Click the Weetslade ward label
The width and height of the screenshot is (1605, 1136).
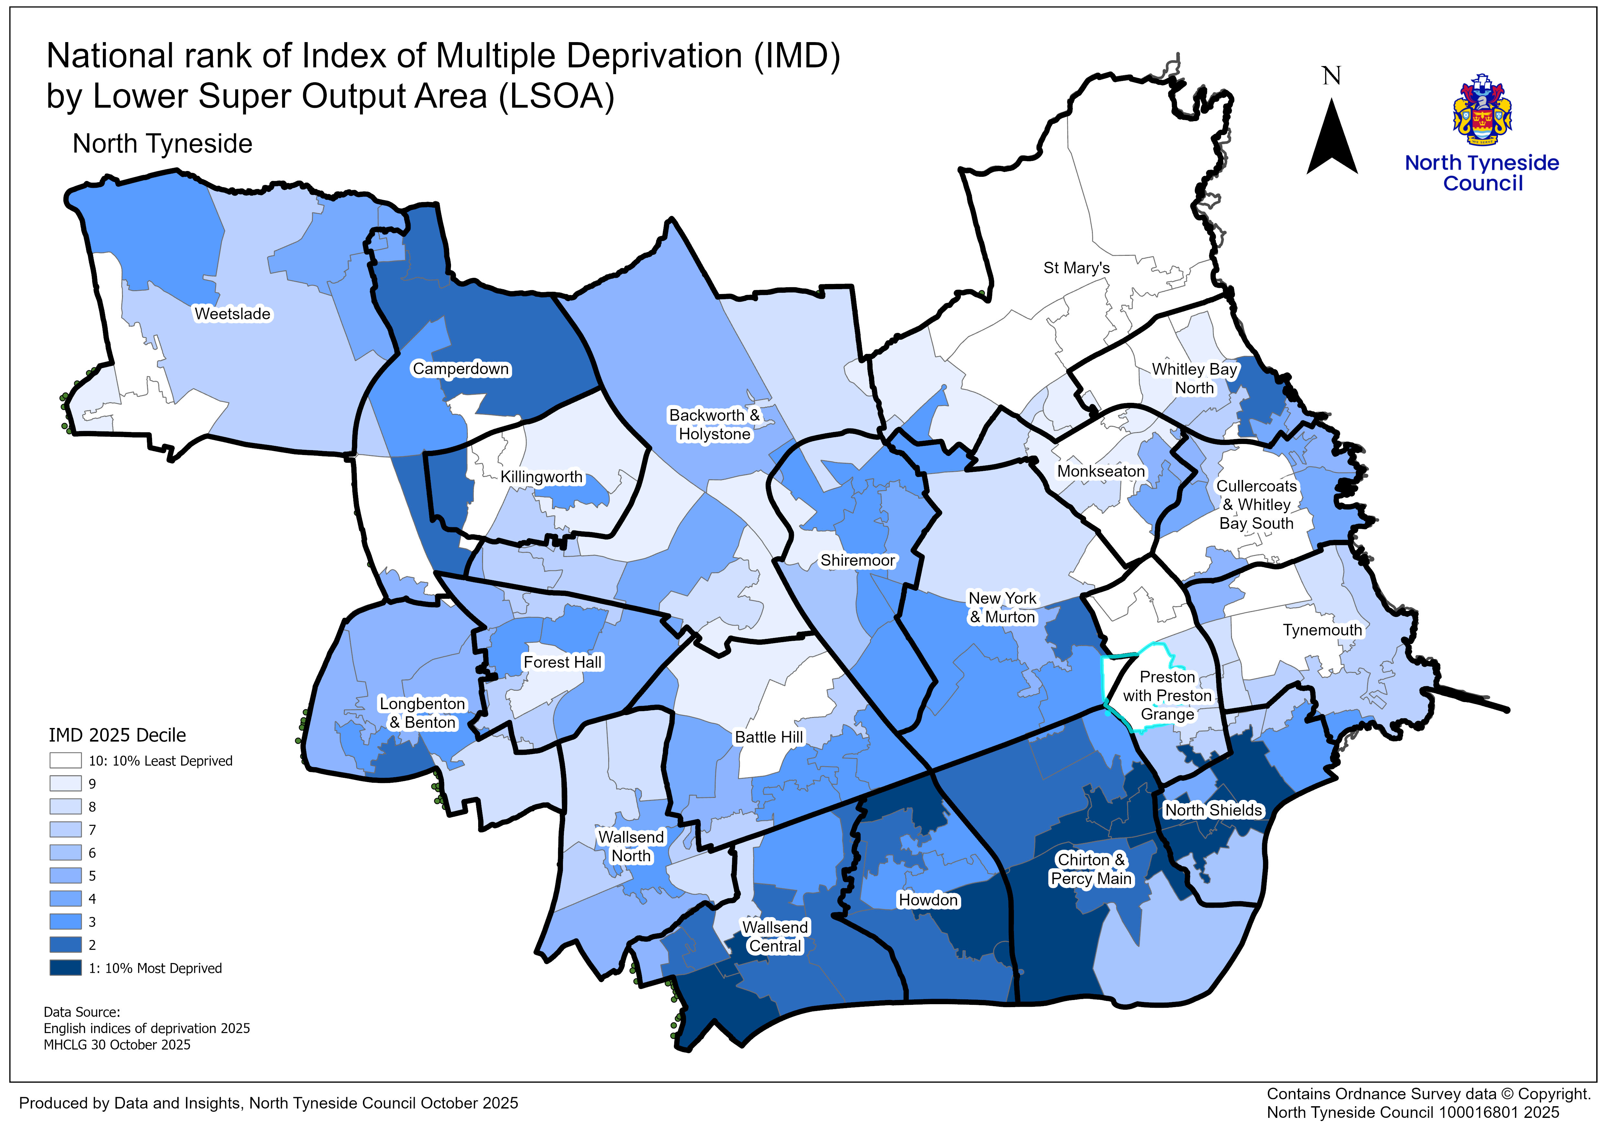[232, 314]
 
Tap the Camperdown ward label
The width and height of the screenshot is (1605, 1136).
[461, 369]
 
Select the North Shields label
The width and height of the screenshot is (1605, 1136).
[1213, 810]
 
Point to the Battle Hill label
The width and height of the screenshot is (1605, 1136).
[769, 737]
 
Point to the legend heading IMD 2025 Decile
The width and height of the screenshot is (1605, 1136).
[117, 735]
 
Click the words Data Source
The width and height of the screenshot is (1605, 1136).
[82, 1012]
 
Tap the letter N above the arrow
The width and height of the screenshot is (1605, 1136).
[1332, 75]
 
